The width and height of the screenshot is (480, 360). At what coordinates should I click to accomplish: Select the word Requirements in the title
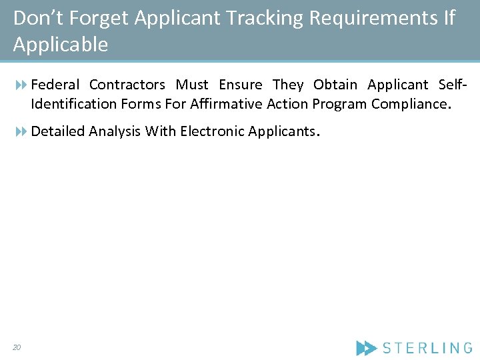coord(373,19)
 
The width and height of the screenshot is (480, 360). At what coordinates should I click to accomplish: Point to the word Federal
coord(55,85)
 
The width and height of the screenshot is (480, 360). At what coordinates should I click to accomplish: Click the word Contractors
coord(127,85)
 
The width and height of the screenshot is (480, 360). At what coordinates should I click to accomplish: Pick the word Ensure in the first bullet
coord(240,85)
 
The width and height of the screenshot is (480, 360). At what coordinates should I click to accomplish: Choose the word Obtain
coord(335,85)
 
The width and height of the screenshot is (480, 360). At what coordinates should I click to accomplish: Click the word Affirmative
coord(226,104)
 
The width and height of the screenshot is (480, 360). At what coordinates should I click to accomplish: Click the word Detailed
coord(58,131)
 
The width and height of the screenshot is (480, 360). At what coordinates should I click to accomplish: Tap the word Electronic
coord(211,131)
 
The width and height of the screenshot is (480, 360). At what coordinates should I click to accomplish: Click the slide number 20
coord(17,347)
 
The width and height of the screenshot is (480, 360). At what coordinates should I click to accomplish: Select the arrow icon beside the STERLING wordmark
coord(366,347)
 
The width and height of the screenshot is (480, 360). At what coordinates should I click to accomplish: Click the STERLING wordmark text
coord(427,347)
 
